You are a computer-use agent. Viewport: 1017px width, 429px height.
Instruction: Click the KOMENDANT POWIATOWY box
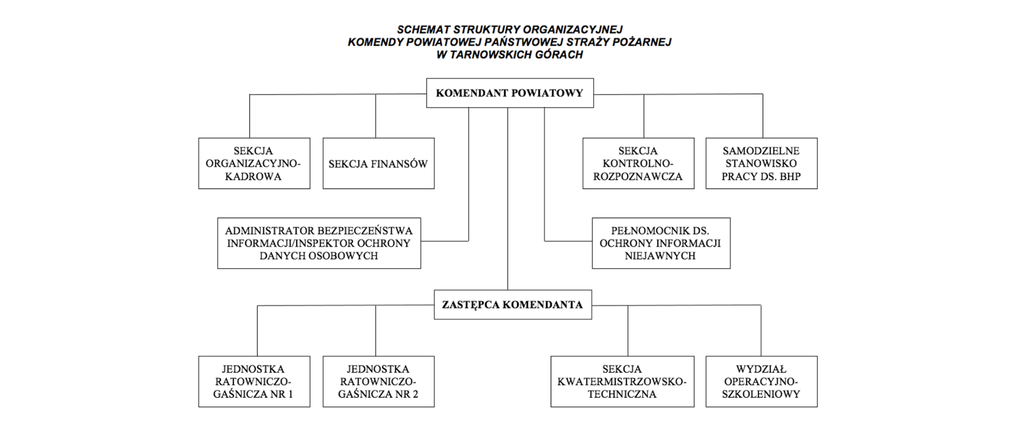[510, 93]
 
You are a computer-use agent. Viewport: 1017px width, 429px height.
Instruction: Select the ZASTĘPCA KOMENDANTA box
[512, 305]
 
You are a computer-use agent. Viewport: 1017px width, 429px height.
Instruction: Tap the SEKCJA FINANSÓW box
[378, 164]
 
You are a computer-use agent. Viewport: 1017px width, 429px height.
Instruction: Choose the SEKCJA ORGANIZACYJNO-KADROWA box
[254, 164]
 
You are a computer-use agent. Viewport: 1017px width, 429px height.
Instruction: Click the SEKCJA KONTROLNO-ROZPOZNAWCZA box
[638, 164]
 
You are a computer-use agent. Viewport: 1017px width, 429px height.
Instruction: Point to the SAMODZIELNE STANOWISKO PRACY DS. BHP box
[761, 164]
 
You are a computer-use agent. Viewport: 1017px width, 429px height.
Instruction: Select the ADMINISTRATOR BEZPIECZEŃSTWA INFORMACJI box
[319, 243]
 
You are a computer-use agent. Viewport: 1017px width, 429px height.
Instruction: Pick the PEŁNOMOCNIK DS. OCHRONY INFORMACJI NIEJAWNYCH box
[661, 243]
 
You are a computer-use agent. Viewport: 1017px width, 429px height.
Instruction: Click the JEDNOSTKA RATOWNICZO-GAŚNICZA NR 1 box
[254, 381]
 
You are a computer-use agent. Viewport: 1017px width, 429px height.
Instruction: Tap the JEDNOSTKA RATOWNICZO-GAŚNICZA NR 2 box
[378, 381]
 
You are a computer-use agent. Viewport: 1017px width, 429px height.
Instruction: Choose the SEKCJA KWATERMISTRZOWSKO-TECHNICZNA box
[622, 381]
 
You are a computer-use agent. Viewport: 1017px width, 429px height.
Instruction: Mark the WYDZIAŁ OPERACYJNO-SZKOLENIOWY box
[761, 381]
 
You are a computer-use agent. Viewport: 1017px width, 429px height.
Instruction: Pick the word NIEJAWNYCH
[660, 256]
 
